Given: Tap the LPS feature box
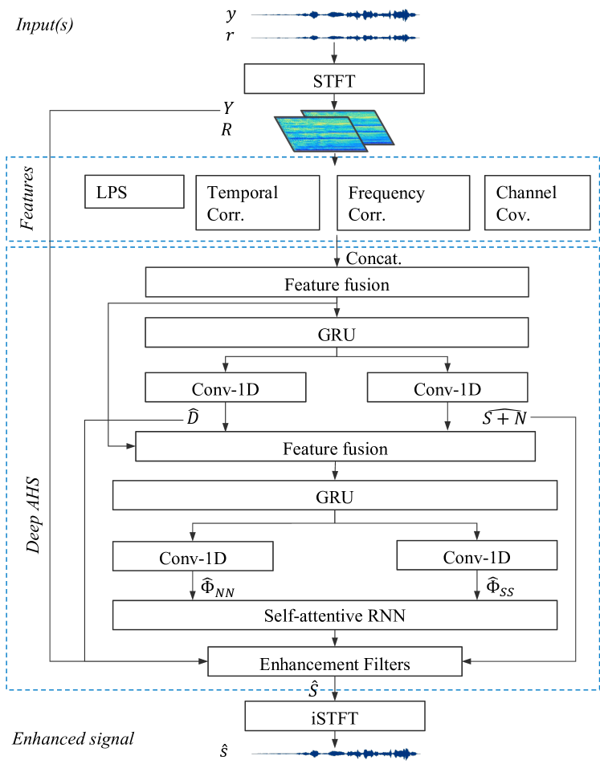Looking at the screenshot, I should click(134, 193).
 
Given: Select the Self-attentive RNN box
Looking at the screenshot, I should click(335, 616).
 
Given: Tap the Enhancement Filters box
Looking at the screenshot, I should click(335, 663).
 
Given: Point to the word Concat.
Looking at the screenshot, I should click(373, 258).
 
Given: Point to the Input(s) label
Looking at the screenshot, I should click(45, 24).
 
